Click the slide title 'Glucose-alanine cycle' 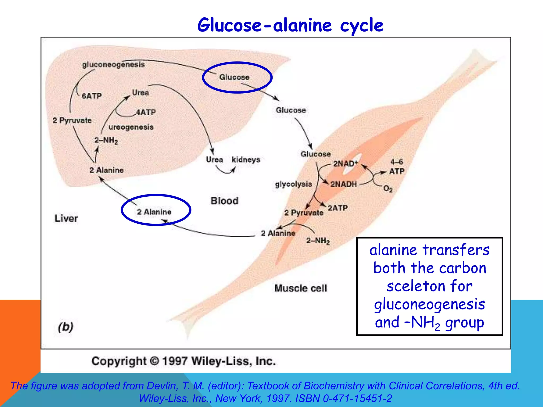290,25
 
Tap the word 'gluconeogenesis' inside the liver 113,65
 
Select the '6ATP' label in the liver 92,96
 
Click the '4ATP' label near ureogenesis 146,112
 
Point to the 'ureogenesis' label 131,127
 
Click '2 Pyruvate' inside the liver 72,120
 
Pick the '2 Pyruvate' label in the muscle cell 304,213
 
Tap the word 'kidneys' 246,160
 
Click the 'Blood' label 224,201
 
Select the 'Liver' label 66,219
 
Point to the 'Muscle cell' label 301,288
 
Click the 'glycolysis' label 294,184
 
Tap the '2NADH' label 344,184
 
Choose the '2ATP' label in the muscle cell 338,208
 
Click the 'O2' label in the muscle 388,189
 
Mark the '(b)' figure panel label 65,327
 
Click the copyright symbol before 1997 154,361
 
